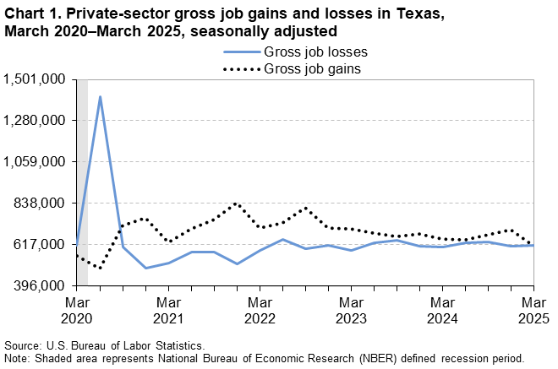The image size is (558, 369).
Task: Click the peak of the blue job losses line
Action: tap(100, 96)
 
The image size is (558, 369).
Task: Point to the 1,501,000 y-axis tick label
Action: tap(36, 79)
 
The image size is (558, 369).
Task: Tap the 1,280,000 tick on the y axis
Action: tap(36, 121)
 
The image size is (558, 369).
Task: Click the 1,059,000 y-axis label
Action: tap(36, 162)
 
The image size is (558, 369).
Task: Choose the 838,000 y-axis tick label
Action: tap(41, 203)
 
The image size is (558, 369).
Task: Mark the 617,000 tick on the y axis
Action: tap(41, 245)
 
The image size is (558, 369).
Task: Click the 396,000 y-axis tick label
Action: tap(41, 286)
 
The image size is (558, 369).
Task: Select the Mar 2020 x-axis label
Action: tap(77, 309)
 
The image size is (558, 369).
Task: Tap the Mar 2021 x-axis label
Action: tap(168, 309)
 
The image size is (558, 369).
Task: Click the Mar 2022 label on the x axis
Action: tap(260, 309)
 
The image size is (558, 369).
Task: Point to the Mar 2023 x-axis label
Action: tap(351, 309)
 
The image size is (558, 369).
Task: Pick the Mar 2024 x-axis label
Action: tap(442, 309)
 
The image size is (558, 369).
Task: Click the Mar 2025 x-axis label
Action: tap(533, 309)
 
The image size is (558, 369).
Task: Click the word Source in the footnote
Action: tap(23, 346)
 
